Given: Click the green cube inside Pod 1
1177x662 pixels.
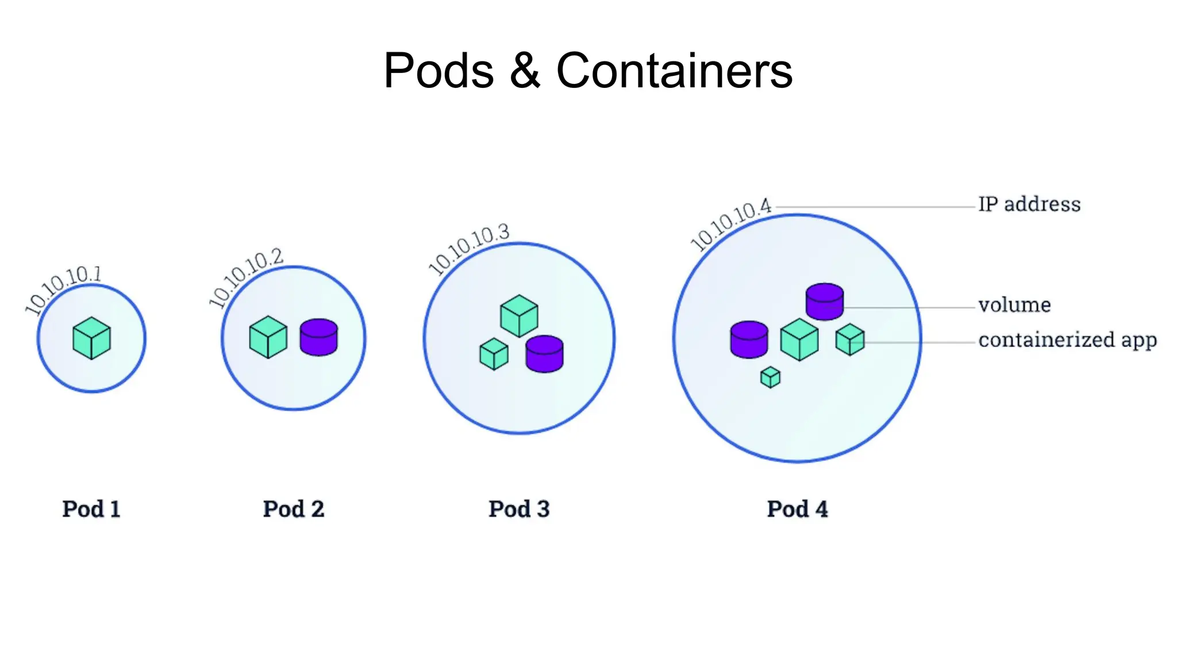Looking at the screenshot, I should click(x=91, y=338).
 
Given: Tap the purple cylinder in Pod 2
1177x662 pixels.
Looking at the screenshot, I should click(x=318, y=337).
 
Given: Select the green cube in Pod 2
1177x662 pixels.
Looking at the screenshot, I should click(x=268, y=337).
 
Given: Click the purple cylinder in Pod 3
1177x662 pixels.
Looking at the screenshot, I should click(x=544, y=354).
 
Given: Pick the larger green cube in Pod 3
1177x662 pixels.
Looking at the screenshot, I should click(x=519, y=316).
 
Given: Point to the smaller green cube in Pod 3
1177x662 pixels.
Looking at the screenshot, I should click(x=494, y=354).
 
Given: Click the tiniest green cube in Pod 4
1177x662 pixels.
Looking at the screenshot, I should click(x=770, y=378).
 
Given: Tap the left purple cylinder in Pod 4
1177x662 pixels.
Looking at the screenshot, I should click(x=749, y=340).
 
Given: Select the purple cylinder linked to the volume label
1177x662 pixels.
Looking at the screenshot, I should click(x=824, y=302).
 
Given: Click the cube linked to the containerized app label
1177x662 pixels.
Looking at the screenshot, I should click(x=849, y=340).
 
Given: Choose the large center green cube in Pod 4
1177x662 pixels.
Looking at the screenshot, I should click(x=799, y=340).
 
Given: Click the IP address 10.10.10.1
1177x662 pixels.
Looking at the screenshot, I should click(x=63, y=290).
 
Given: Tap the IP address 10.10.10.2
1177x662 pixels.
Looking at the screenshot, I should click(x=246, y=276).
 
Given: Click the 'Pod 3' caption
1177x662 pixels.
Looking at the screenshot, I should click(x=519, y=509).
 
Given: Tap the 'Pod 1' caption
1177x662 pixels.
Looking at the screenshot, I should click(x=91, y=509).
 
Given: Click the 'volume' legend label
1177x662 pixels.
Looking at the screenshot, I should click(x=1014, y=305).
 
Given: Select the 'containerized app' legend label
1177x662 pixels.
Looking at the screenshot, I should click(x=1067, y=340).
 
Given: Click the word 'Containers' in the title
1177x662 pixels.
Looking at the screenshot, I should click(x=674, y=71).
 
